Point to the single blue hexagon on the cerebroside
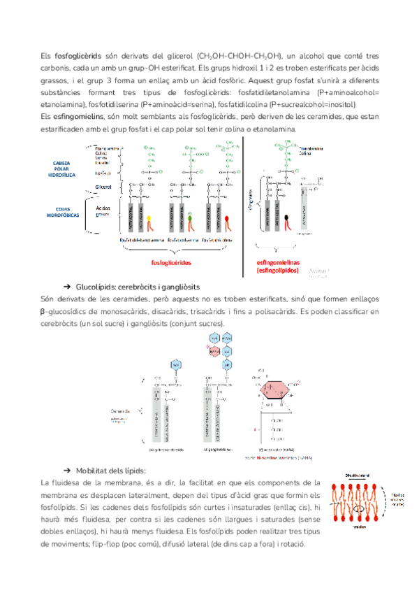[x=177, y=366]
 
